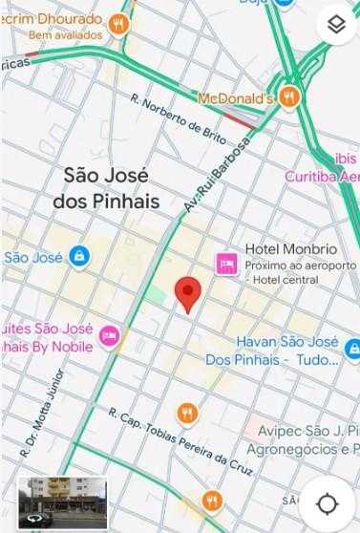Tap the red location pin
pyautogui.click(x=189, y=293)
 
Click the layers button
pyautogui.click(x=334, y=25)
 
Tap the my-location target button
pyautogui.click(x=328, y=502)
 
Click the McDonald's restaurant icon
pyautogui.click(x=290, y=96)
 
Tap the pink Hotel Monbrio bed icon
pyautogui.click(x=226, y=261)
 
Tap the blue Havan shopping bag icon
pyautogui.click(x=351, y=350)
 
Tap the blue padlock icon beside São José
pyautogui.click(x=78, y=256)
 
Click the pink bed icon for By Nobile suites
pyautogui.click(x=112, y=335)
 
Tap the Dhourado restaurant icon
pyautogui.click(x=118, y=24)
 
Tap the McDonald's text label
pyautogui.click(x=236, y=97)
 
